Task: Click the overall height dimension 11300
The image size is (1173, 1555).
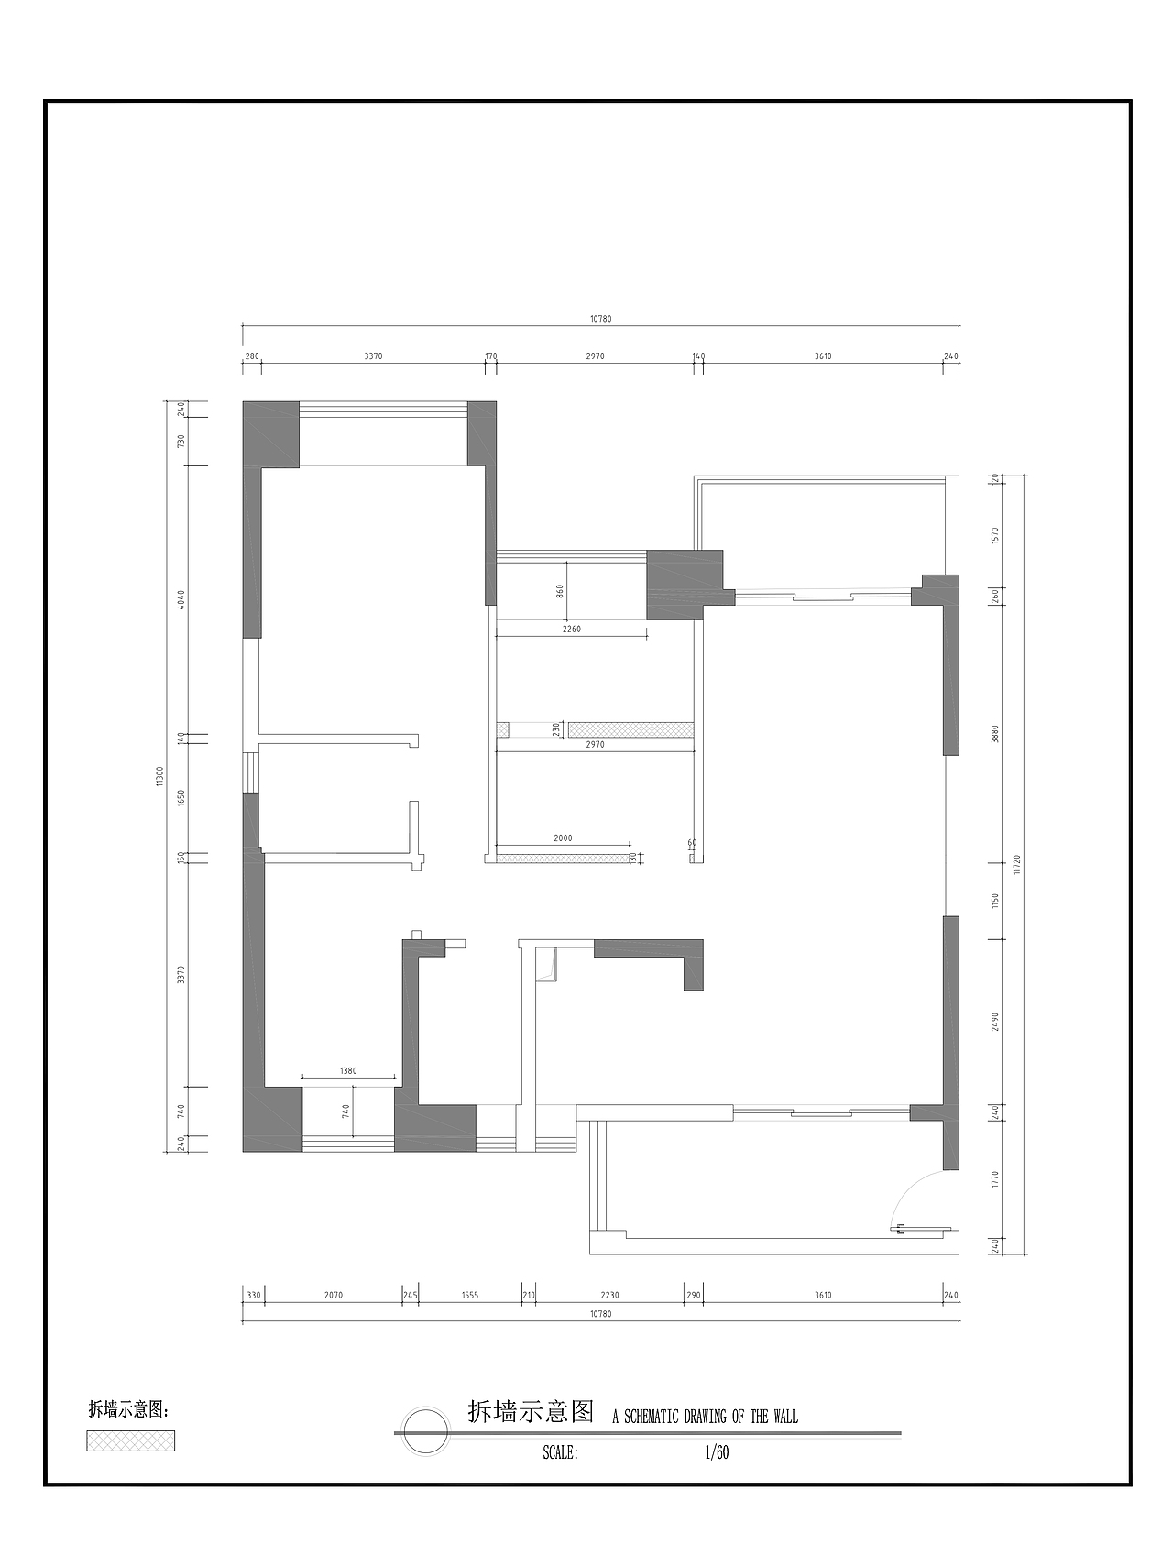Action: coord(159,776)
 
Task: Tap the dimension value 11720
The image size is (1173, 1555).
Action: coord(1017,865)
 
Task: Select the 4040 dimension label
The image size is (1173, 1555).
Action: coord(181,600)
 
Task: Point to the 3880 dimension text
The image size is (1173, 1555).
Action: coord(995,734)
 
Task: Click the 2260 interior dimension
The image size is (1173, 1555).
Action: coord(571,630)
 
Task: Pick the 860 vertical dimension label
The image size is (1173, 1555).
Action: coord(560,592)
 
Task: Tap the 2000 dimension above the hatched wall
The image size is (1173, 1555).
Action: coord(563,838)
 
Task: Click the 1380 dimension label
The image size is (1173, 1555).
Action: coord(348,1070)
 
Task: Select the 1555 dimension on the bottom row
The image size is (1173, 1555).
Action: coord(470,1295)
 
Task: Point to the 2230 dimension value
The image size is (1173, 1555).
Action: coord(610,1295)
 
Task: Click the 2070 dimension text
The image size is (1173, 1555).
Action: coord(333,1295)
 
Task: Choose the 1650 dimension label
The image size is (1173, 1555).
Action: coord(181,797)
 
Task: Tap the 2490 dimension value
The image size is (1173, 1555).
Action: coord(995,1022)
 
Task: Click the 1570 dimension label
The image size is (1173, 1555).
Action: coord(995,534)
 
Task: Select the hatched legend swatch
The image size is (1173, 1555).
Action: coord(131,1440)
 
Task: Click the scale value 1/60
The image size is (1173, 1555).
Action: coord(717,1452)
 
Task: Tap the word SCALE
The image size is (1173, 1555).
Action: coord(559,1452)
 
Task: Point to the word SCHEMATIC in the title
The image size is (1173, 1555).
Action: coord(652,1417)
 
